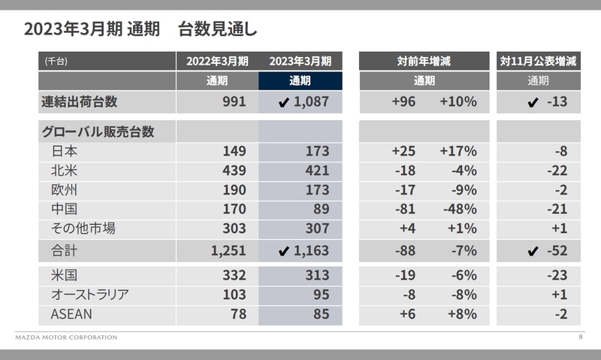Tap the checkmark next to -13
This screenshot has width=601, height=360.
click(x=533, y=102)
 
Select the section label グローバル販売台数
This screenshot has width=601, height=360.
click(x=97, y=132)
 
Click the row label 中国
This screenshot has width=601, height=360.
click(x=65, y=209)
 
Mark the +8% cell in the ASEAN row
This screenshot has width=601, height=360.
click(x=461, y=313)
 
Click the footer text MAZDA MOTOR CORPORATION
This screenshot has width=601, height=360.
click(x=66, y=337)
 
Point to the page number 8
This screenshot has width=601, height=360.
click(x=580, y=337)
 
